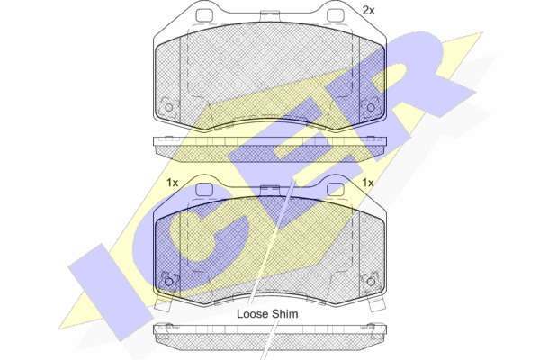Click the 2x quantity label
(x=368, y=11)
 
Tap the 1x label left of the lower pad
(x=172, y=183)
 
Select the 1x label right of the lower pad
(x=368, y=183)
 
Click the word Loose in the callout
(x=253, y=314)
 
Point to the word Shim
(x=285, y=314)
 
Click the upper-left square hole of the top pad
(x=204, y=15)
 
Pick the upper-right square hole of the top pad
(x=335, y=15)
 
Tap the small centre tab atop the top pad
(x=270, y=16)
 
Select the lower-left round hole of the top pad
(x=169, y=107)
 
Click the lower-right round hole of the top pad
(x=371, y=107)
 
